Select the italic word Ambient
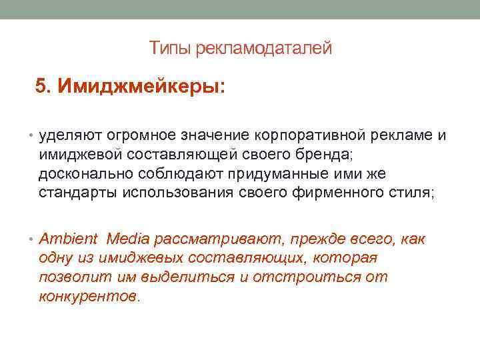(69, 239)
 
